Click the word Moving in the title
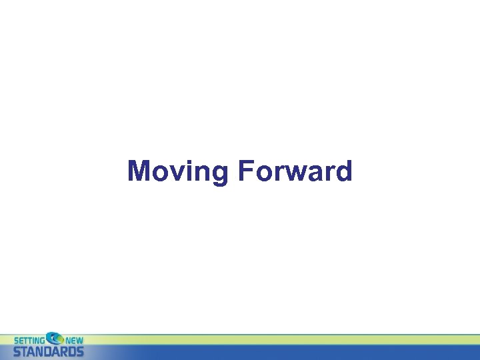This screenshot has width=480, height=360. [177, 171]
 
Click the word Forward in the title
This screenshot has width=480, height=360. [294, 171]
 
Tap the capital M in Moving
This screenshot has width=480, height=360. [139, 171]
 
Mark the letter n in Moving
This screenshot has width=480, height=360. [199, 173]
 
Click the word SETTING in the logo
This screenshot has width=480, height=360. [28, 340]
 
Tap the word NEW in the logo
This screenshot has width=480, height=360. [74, 340]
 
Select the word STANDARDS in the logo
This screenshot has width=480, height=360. [49, 351]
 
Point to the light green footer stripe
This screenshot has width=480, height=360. [267, 339]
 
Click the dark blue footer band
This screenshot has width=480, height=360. [267, 352]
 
